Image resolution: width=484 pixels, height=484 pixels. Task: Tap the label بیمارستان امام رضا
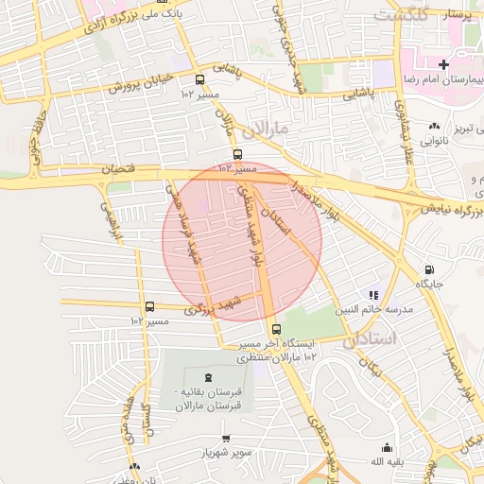coord(443,79)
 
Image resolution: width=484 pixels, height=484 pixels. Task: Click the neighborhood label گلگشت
coord(401,15)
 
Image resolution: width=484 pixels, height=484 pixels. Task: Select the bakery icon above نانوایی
coord(434,126)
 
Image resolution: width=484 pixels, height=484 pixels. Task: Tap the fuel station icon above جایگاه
coord(429,269)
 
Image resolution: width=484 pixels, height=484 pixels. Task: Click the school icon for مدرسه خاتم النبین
coord(373,294)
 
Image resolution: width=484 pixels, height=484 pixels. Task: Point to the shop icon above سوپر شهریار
coord(225,439)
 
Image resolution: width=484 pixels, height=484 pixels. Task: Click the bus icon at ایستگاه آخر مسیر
coord(275,330)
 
